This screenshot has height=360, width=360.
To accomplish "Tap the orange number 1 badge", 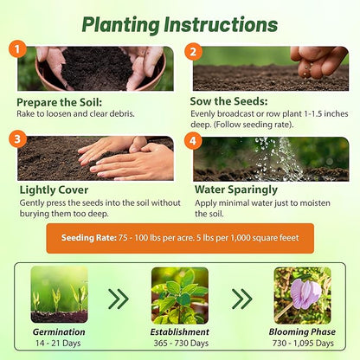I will [18, 48].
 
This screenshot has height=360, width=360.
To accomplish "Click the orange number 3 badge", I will [18, 137].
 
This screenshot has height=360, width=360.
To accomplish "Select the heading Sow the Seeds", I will [230, 102].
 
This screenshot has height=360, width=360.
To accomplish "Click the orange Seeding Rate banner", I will [180, 236].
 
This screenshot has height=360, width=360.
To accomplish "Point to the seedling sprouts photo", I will [59, 294].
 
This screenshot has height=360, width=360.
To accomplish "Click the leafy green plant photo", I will [179, 295].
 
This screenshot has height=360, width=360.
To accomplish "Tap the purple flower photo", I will [302, 295].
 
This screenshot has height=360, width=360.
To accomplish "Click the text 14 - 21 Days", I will [59, 344].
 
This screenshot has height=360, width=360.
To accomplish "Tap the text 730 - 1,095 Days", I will [302, 344].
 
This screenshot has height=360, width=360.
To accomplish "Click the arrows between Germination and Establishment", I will [119, 299].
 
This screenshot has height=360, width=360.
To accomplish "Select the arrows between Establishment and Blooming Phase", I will [241, 299].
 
